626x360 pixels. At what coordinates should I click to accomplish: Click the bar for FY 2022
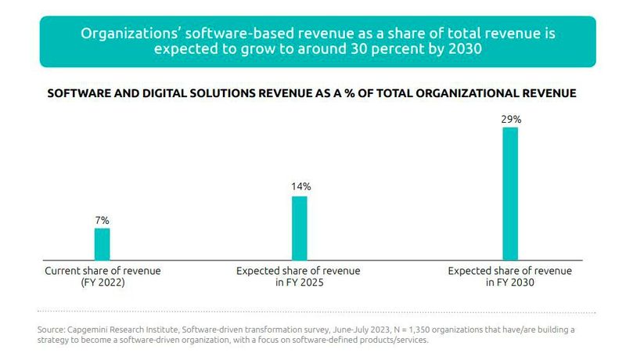102,243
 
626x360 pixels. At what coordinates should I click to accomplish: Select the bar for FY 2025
299,227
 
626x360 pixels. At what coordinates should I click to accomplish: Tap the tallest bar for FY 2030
509,193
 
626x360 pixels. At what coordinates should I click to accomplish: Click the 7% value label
102,220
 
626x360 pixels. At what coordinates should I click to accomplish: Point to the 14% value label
300,187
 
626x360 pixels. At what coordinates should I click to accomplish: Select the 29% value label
510,119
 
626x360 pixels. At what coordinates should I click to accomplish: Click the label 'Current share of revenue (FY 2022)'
103,277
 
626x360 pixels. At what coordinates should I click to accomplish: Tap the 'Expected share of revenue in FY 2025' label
299,277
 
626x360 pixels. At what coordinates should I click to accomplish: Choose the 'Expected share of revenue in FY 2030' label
509,277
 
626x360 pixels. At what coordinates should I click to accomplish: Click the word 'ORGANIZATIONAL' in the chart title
459,93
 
